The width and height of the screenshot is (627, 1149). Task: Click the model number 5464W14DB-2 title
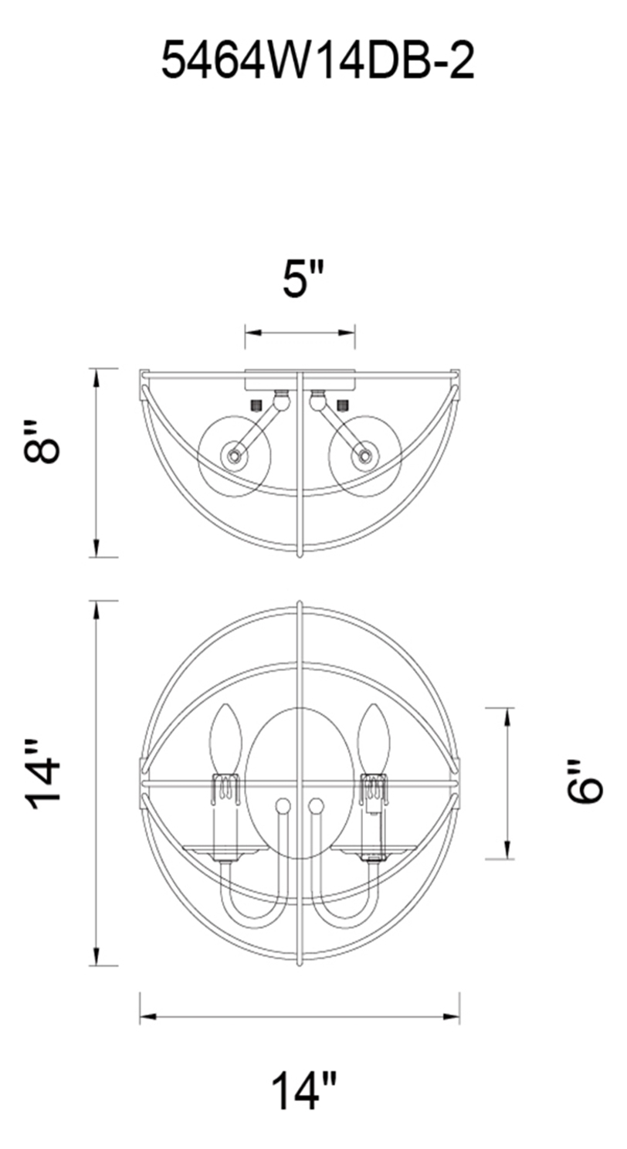pos(317,61)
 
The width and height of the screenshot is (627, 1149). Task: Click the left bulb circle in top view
pos(234,456)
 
